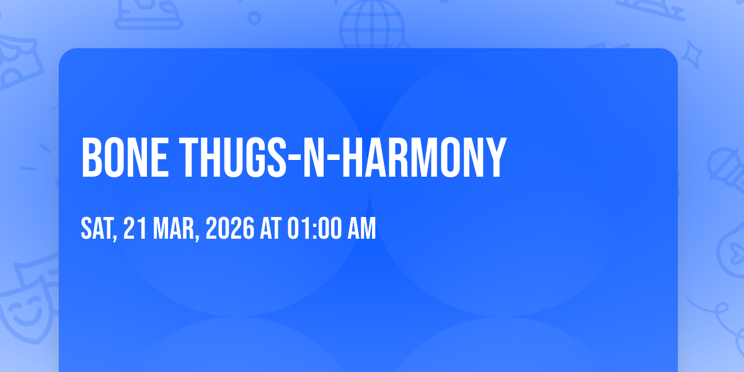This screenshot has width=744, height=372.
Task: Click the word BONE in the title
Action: (125, 157)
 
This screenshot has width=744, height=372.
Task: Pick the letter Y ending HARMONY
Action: (495, 157)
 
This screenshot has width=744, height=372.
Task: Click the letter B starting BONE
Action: (92, 157)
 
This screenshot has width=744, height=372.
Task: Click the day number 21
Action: (135, 228)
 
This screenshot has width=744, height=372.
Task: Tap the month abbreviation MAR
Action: (174, 228)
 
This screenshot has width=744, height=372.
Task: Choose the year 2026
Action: (230, 228)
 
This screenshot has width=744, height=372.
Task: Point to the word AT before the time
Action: (271, 228)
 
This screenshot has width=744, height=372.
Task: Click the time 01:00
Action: (314, 228)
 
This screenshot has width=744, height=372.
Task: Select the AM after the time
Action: (361, 228)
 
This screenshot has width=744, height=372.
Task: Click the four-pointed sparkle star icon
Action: (692, 55)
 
